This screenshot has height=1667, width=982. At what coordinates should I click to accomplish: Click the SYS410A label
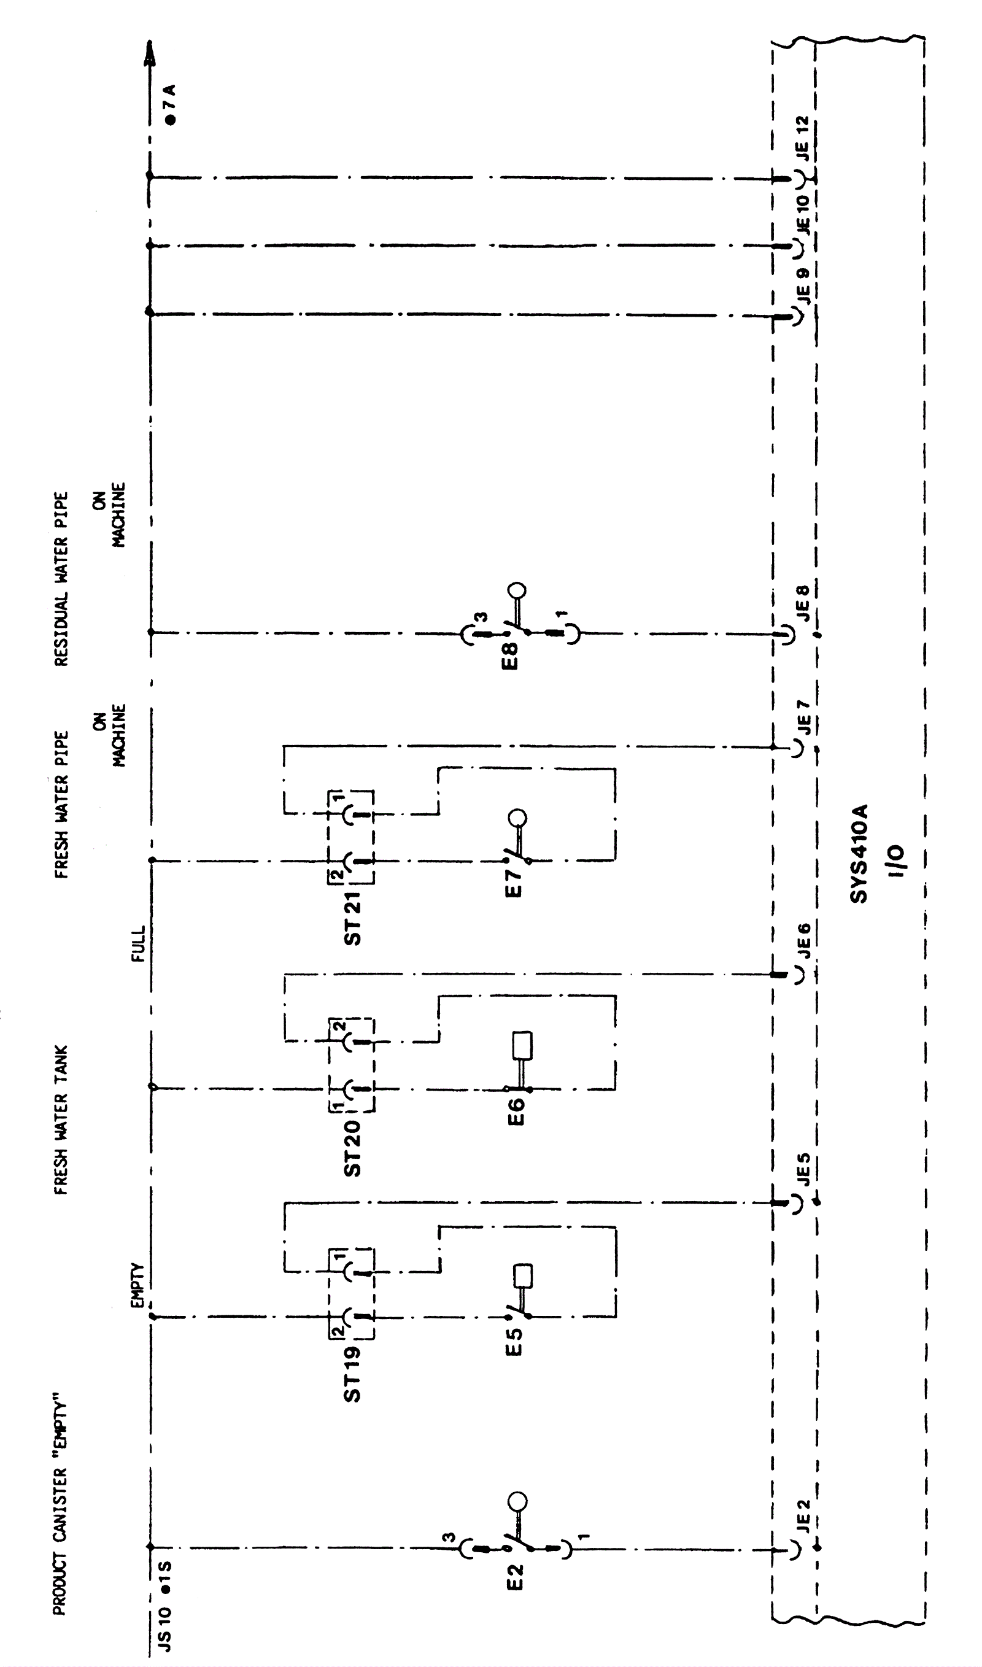click(859, 853)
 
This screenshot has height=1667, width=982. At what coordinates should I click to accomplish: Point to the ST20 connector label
click(353, 1148)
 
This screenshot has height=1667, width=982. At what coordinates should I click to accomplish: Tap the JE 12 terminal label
click(803, 138)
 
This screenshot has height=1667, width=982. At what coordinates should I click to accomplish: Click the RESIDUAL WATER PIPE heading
click(61, 578)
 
